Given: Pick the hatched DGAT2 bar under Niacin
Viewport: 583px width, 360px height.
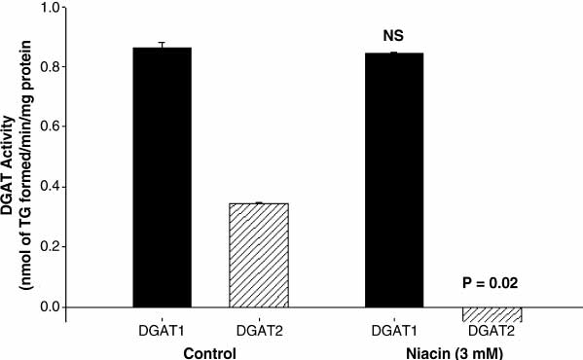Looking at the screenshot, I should click(491, 314).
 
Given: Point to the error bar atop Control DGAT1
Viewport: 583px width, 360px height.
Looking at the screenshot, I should click(161, 45).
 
